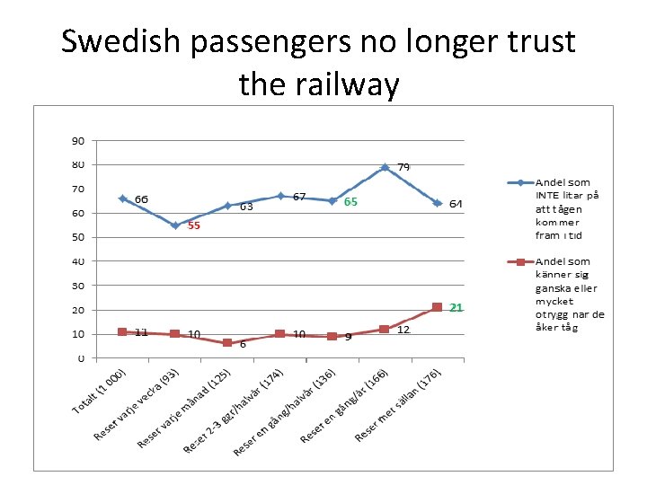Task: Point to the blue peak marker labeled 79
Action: (x=385, y=167)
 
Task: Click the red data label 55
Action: (x=193, y=226)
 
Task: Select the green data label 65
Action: (x=350, y=202)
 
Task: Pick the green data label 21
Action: (x=456, y=308)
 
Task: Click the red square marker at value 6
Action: (x=227, y=343)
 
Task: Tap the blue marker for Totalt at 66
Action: (x=122, y=198)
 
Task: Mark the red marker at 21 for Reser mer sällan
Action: (x=437, y=307)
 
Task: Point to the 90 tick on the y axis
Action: (x=78, y=141)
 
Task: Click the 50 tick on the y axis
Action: (x=78, y=237)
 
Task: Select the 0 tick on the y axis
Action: (x=81, y=357)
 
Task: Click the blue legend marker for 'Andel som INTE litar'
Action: (x=518, y=182)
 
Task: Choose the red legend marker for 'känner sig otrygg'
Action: (x=518, y=263)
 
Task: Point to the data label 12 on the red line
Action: (x=403, y=331)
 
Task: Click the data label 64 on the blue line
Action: (x=456, y=204)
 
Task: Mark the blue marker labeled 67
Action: (x=280, y=196)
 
